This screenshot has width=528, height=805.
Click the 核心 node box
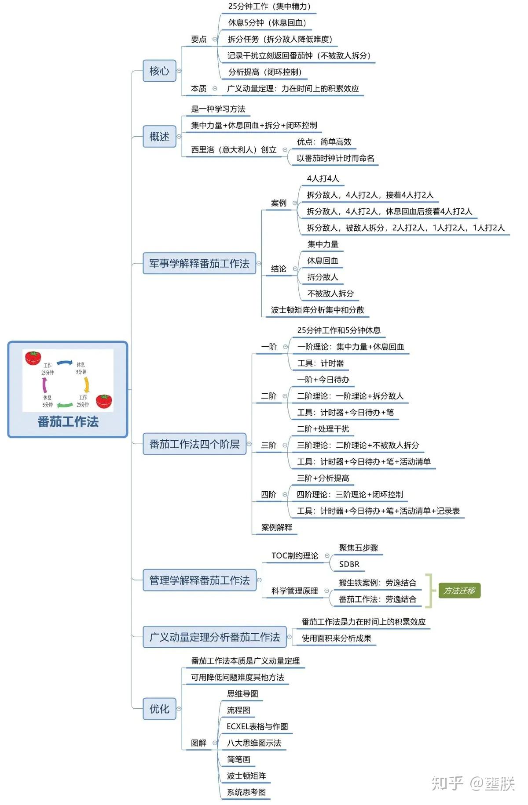click(x=159, y=71)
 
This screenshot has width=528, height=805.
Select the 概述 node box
click(x=159, y=137)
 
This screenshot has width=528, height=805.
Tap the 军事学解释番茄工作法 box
click(x=199, y=264)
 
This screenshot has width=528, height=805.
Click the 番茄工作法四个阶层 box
click(x=194, y=444)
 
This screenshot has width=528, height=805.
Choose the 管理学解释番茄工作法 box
click(x=199, y=580)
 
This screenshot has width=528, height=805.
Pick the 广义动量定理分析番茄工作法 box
click(x=215, y=637)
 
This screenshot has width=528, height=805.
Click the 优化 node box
click(x=159, y=709)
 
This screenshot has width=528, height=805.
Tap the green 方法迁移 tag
click(x=459, y=591)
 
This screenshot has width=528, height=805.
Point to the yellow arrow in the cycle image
click(x=87, y=385)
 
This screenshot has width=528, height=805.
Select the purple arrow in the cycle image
click(x=44, y=385)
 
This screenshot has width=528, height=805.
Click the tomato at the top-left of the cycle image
click(x=33, y=358)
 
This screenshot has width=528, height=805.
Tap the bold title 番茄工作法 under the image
click(x=68, y=422)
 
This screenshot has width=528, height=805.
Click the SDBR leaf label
click(x=349, y=564)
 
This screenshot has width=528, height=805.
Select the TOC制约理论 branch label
click(x=295, y=556)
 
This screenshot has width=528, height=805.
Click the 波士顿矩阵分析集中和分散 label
click(x=318, y=310)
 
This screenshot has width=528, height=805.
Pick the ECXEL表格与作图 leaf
click(x=257, y=727)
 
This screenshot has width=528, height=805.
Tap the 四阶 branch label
click(x=268, y=495)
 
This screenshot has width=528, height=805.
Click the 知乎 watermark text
click(x=447, y=783)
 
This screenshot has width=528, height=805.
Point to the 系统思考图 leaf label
click(x=246, y=792)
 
